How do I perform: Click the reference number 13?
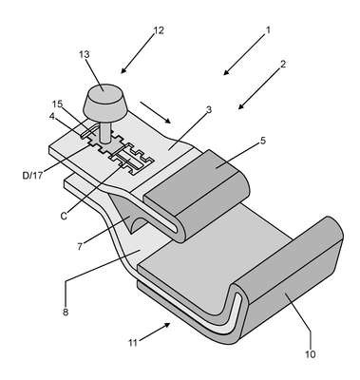tap(85, 54)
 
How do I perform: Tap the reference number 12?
tap(159, 30)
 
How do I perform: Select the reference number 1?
tap(268, 30)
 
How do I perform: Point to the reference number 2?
tap(283, 64)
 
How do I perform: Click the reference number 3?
tap(209, 109)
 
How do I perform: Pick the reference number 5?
tap(263, 141)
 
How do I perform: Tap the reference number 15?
tap(58, 104)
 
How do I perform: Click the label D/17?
tap(32, 175)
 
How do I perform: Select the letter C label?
tap(65, 216)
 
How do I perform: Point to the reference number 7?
tap(80, 246)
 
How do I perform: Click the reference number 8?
tap(66, 312)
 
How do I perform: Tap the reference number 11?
tap(133, 343)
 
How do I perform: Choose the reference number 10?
tap(311, 354)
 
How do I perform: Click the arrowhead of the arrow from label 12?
tap(123, 70)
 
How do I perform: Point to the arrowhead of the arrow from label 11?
tap(167, 325)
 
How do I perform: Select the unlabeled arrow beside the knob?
tap(156, 112)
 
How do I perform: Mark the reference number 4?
tap(51, 116)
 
